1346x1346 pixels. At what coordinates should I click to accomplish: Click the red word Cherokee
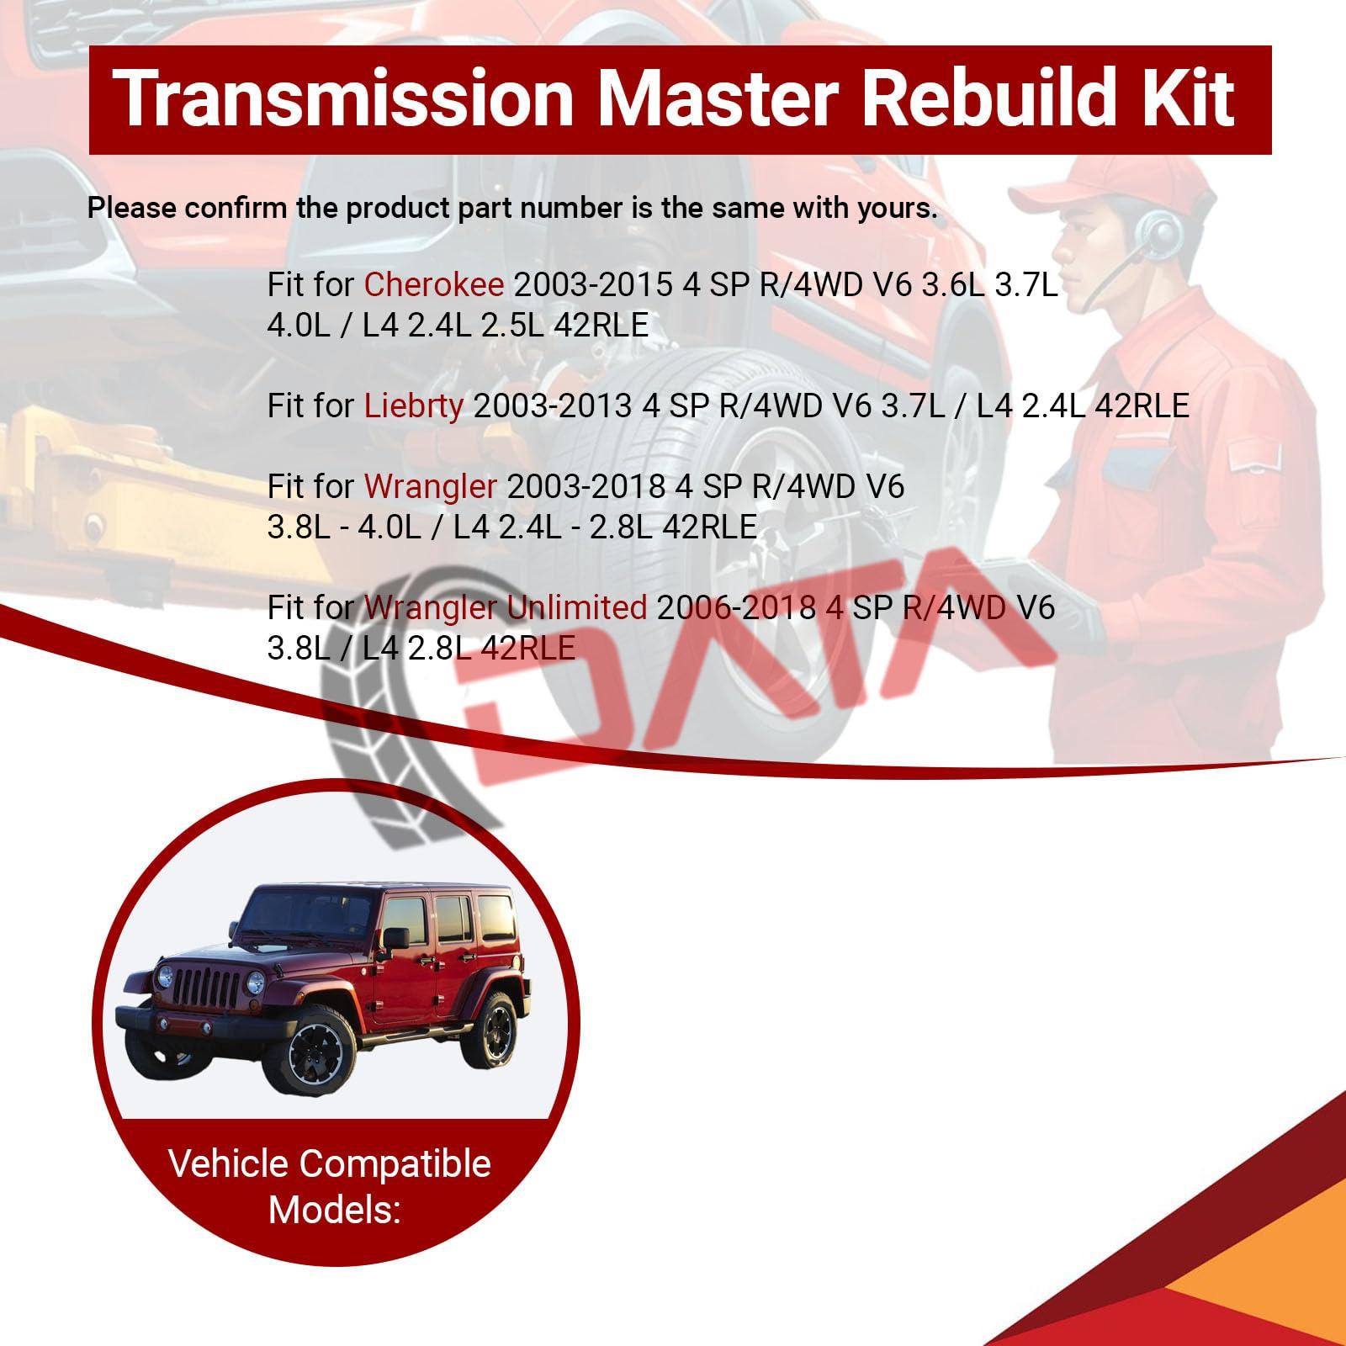point(433,285)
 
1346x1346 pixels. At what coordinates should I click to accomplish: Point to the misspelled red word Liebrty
point(413,405)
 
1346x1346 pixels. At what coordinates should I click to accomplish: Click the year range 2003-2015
point(593,285)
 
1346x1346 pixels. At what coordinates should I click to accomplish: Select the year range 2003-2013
point(553,405)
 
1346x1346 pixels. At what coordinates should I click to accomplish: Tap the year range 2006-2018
point(737,607)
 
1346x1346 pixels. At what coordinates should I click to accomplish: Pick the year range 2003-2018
point(586,486)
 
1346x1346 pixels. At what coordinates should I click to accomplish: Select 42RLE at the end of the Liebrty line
point(1142,405)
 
